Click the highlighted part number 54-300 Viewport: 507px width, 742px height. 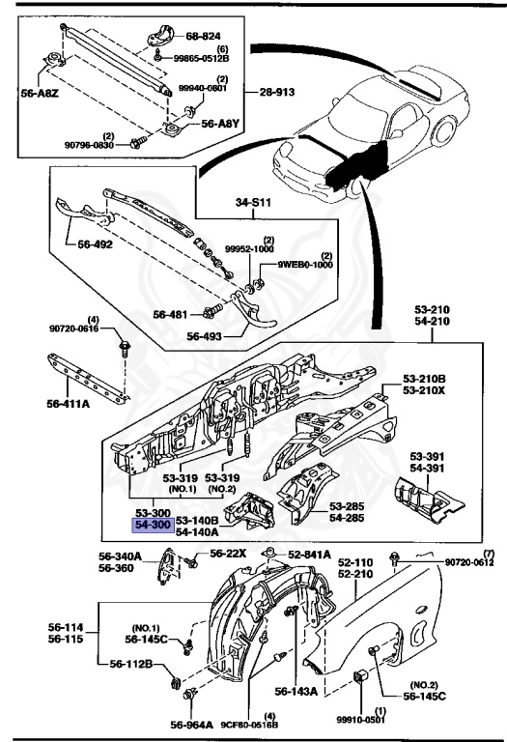pyautogui.click(x=153, y=524)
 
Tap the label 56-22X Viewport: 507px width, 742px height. pyautogui.click(x=230, y=555)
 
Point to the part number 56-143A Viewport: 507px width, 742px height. pyautogui.click(x=295, y=692)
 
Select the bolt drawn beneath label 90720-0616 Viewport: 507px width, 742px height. pyautogui.click(x=124, y=345)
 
